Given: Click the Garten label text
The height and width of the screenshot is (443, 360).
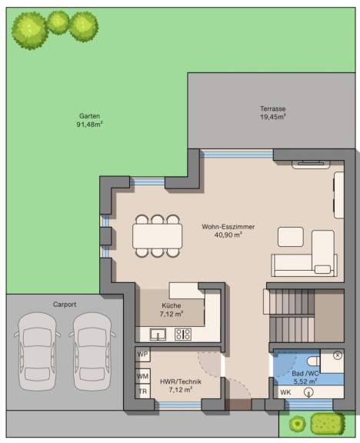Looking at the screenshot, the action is click(x=89, y=116).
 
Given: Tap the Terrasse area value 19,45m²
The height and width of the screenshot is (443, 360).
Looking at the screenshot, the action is click(x=272, y=117).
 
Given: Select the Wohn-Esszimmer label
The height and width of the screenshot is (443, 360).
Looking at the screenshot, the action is click(x=228, y=227).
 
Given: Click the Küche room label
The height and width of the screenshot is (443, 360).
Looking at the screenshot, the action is click(x=172, y=305).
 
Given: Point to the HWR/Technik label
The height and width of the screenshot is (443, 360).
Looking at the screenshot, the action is click(x=181, y=381).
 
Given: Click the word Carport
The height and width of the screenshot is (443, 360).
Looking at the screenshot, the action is click(x=65, y=305).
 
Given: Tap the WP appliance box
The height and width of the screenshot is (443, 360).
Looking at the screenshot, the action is click(x=143, y=355).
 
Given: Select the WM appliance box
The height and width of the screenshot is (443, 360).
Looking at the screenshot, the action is click(x=143, y=376).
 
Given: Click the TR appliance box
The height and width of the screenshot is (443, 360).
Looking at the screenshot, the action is click(x=143, y=391).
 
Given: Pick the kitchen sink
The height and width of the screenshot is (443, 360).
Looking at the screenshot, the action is click(x=158, y=335).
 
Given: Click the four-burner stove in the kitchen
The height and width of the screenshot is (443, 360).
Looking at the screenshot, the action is click(x=183, y=335).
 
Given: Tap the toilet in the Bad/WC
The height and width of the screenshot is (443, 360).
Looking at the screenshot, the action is click(x=313, y=361).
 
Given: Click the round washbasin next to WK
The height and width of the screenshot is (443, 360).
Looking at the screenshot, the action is click(x=308, y=392).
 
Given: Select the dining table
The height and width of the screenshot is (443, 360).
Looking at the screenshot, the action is click(x=158, y=236).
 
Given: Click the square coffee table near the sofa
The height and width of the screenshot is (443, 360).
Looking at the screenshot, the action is click(x=291, y=237).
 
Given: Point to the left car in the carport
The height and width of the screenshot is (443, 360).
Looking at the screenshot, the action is click(x=37, y=351).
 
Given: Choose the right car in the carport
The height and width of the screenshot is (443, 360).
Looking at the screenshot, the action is click(x=92, y=351).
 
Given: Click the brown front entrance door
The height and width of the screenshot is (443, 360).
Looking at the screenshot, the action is click(x=238, y=404).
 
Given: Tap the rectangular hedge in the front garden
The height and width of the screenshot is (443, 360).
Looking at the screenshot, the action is click(x=328, y=424).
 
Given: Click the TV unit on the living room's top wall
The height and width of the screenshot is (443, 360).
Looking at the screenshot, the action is click(x=311, y=164).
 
